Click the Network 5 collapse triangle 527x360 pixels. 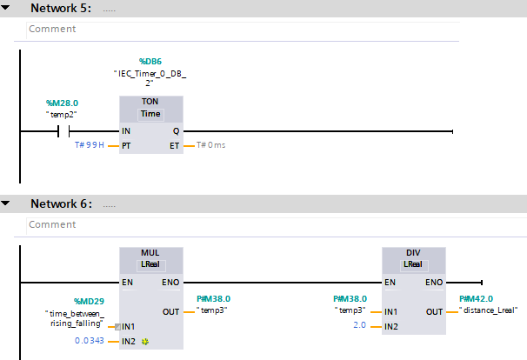coord(7,8)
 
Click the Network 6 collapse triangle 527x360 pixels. coord(7,203)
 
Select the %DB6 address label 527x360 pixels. coord(151,61)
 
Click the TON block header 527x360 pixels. coord(151,103)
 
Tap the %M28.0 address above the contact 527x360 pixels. coord(62,103)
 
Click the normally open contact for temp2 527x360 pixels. coord(63,132)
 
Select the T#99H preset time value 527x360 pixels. coord(90,145)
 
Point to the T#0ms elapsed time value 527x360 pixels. coord(210,145)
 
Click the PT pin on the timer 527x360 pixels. coord(127,145)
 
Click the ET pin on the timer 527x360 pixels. coord(175,145)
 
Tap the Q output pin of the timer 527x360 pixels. coord(177,131)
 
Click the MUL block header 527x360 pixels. coord(151,253)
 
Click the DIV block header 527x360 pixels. coord(414,253)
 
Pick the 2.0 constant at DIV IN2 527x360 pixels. coord(360,326)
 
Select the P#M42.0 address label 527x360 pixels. coord(477,298)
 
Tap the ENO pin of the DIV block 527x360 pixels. coord(434,283)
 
